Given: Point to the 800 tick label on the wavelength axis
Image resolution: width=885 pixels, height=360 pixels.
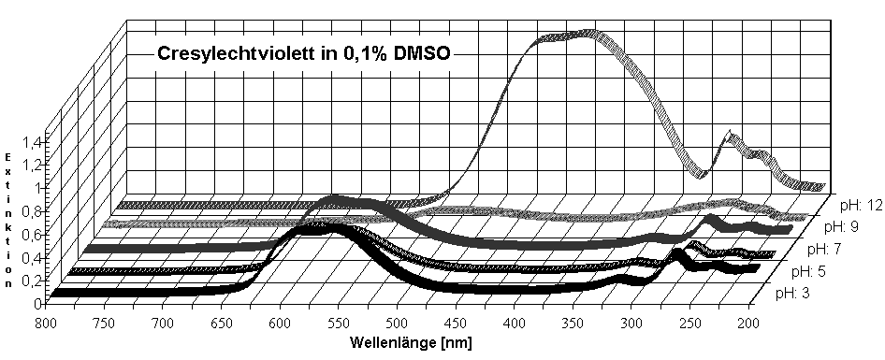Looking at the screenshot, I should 47,323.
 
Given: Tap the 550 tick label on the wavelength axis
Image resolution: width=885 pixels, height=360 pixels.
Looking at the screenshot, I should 339,323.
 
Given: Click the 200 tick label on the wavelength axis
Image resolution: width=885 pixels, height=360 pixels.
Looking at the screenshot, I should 747,323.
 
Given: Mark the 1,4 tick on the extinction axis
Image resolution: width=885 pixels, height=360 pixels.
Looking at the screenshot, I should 32,141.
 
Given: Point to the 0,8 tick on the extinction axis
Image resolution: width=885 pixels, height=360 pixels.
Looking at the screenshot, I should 32,210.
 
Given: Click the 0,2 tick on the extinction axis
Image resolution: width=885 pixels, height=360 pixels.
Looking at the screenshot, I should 32,280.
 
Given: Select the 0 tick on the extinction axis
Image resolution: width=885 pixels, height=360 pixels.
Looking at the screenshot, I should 38,303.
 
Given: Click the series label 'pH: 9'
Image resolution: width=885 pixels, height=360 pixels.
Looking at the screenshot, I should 843,226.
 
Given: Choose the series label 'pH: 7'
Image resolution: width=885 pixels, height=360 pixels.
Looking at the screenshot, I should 822,249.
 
